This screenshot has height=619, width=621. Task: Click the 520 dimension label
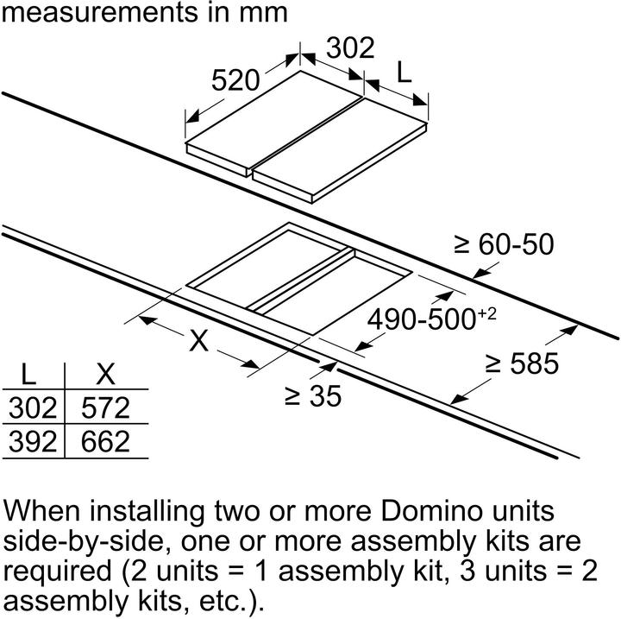pyautogui.click(x=235, y=80)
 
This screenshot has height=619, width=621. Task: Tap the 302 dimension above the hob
pyautogui.click(x=350, y=47)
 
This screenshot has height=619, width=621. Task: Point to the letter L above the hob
pyautogui.click(x=404, y=73)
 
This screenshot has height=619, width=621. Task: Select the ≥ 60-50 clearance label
pyautogui.click(x=504, y=243)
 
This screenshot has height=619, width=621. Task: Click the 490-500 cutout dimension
pyautogui.click(x=422, y=319)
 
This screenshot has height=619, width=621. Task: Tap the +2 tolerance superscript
pyautogui.click(x=486, y=313)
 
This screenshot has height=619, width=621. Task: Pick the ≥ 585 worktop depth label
pyautogui.click(x=522, y=363)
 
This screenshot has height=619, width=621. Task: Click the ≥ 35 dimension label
pyautogui.click(x=313, y=395)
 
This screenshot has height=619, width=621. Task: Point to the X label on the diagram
pyautogui.click(x=198, y=341)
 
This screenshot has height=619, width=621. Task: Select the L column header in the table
pyautogui.click(x=28, y=374)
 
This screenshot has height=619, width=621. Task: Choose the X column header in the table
pyautogui.click(x=105, y=374)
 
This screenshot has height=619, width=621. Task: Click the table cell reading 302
pyautogui.click(x=33, y=407)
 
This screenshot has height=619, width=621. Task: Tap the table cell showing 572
pyautogui.click(x=105, y=407)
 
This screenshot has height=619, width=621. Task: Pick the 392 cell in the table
pyautogui.click(x=33, y=442)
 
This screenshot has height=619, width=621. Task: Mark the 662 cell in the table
pyautogui.click(x=105, y=442)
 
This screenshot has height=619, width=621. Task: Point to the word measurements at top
pyautogui.click(x=100, y=13)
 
